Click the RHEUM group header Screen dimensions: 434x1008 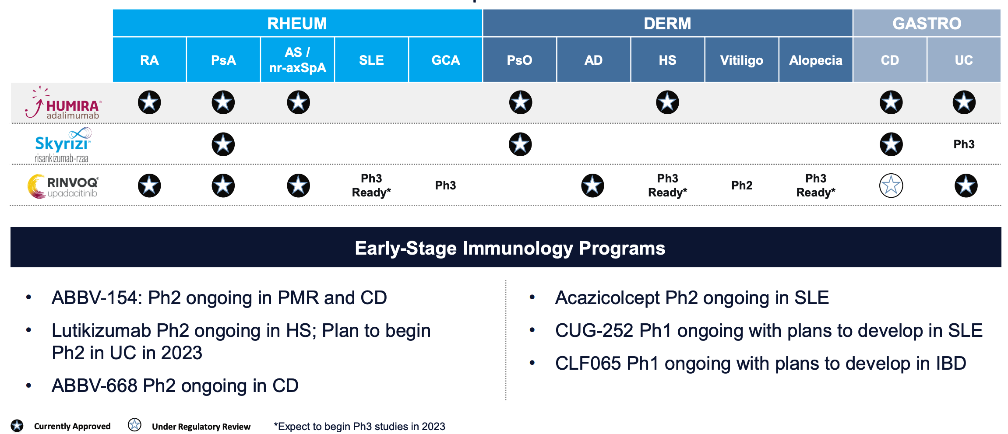pyautogui.click(x=297, y=23)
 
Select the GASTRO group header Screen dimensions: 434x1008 pyautogui.click(x=927, y=23)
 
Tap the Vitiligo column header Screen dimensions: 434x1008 pyautogui.click(x=741, y=60)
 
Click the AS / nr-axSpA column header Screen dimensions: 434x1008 pyautogui.click(x=297, y=60)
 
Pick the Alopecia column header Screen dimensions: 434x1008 pyautogui.click(x=815, y=60)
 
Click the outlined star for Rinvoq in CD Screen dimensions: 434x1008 pyautogui.click(x=891, y=185)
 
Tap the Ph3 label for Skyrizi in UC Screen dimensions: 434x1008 pyautogui.click(x=964, y=144)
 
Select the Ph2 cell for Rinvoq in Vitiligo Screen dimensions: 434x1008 pyautogui.click(x=741, y=185)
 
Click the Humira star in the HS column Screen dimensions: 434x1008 pyautogui.click(x=667, y=102)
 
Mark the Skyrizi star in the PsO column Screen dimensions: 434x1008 pyautogui.click(x=520, y=144)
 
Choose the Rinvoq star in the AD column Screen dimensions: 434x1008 pyautogui.click(x=592, y=185)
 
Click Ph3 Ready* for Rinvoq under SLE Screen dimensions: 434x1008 pyautogui.click(x=371, y=185)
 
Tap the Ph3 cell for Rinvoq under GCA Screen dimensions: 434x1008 pyautogui.click(x=445, y=185)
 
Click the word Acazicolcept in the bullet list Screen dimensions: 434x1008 pyautogui.click(x=607, y=298)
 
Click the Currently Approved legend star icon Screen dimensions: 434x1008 pyautogui.click(x=17, y=426)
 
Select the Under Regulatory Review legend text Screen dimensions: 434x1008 pyautogui.click(x=201, y=427)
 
